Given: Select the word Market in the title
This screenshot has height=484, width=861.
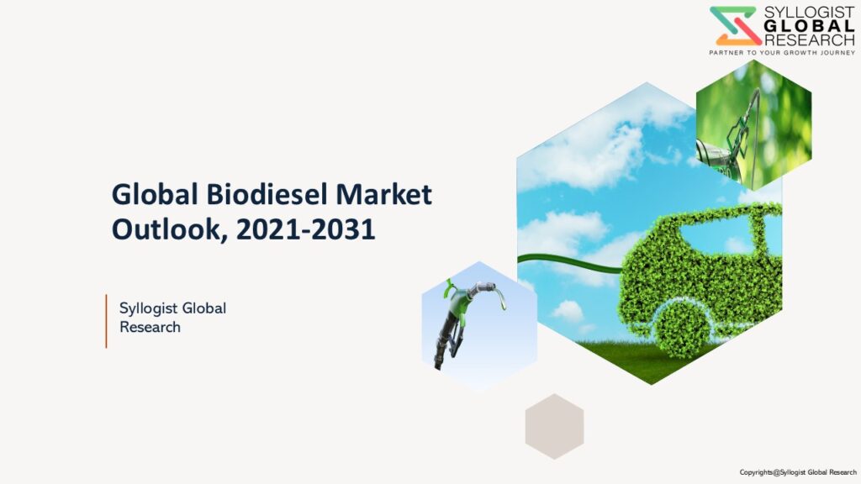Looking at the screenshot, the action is (x=383, y=194).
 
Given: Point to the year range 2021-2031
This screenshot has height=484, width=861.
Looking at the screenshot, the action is (x=306, y=229).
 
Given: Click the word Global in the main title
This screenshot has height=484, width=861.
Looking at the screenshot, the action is (x=155, y=194).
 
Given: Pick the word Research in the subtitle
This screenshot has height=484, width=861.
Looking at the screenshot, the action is (x=150, y=327).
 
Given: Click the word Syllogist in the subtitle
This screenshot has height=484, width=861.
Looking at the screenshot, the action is (x=146, y=309).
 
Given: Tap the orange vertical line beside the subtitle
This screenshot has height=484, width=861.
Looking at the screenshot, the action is (x=106, y=321).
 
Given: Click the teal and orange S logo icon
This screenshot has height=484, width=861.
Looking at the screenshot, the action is (x=735, y=26).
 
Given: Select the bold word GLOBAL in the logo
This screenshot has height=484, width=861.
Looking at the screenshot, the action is (x=810, y=26).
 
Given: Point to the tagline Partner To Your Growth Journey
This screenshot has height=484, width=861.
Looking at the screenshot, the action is (x=782, y=53).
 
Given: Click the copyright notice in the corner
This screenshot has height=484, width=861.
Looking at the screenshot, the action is (x=798, y=472).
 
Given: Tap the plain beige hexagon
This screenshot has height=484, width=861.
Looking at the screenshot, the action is (x=554, y=426).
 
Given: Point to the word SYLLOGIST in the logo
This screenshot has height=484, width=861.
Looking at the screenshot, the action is (x=810, y=13).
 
